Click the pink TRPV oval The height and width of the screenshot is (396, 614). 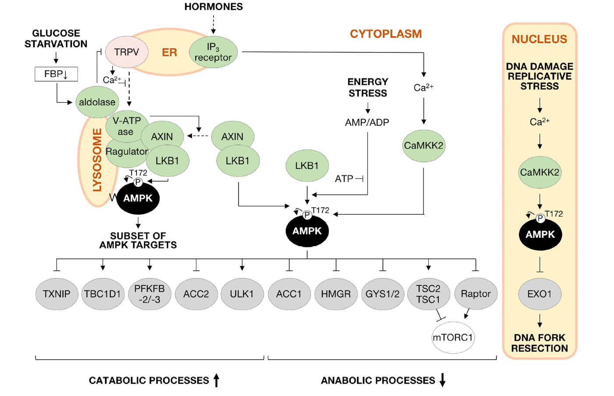[126, 52]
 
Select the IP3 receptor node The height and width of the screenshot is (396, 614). [213, 52]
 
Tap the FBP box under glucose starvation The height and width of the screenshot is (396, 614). [56, 74]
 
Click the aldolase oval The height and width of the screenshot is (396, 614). [97, 102]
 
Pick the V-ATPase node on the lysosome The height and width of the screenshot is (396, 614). [126, 126]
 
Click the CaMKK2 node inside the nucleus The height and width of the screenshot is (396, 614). [540, 172]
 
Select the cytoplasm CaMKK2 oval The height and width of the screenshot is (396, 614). [423, 145]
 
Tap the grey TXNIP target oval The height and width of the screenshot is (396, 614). [56, 294]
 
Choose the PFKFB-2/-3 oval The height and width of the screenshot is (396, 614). [149, 294]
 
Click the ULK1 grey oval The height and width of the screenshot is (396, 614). [242, 294]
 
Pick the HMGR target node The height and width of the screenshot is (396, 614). [336, 294]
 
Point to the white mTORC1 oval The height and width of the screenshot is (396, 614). [453, 337]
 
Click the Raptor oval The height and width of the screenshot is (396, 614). [476, 293]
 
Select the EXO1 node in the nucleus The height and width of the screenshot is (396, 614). [540, 294]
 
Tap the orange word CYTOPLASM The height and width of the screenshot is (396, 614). [386, 34]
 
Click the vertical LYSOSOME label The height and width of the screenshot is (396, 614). [97, 160]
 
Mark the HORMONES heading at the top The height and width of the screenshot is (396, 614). [213, 7]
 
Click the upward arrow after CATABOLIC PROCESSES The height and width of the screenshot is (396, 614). [216, 380]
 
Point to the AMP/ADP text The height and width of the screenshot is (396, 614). [367, 123]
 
